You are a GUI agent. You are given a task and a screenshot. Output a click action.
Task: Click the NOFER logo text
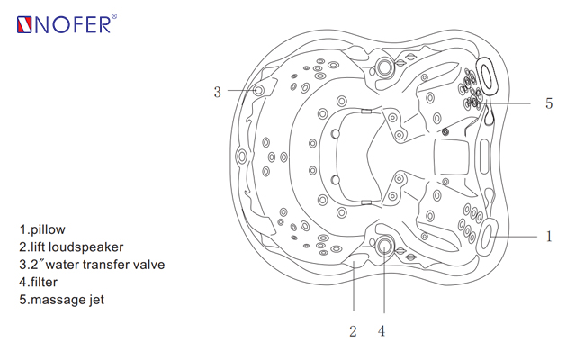tap(73, 25)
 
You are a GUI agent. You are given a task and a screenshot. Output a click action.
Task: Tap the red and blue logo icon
tap(24, 25)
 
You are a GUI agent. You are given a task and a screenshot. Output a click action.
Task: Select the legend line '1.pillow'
tap(42, 230)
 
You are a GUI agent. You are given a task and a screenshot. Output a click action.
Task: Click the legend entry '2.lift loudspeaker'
tap(71, 247)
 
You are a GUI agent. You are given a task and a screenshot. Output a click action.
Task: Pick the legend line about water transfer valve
tap(92, 265)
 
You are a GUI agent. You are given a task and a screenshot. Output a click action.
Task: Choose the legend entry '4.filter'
tap(38, 282)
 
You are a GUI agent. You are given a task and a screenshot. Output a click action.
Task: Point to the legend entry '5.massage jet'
tap(62, 300)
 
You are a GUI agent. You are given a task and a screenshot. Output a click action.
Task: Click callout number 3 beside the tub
tap(218, 92)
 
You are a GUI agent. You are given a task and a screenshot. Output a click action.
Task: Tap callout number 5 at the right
tap(549, 103)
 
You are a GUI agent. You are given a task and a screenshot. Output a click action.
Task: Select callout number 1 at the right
tap(549, 237)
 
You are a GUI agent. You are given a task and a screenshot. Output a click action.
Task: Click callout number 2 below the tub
tap(353, 331)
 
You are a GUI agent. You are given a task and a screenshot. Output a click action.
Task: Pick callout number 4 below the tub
tap(382, 331)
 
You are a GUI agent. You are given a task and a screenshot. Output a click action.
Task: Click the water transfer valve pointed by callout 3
tap(258, 90)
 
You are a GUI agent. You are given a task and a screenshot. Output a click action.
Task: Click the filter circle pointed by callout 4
tap(384, 246)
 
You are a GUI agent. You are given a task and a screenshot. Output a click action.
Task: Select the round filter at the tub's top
tap(384, 67)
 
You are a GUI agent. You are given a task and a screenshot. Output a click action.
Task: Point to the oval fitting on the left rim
tap(242, 157)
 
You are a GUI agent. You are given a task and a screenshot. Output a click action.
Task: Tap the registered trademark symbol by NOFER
tap(114, 16)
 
